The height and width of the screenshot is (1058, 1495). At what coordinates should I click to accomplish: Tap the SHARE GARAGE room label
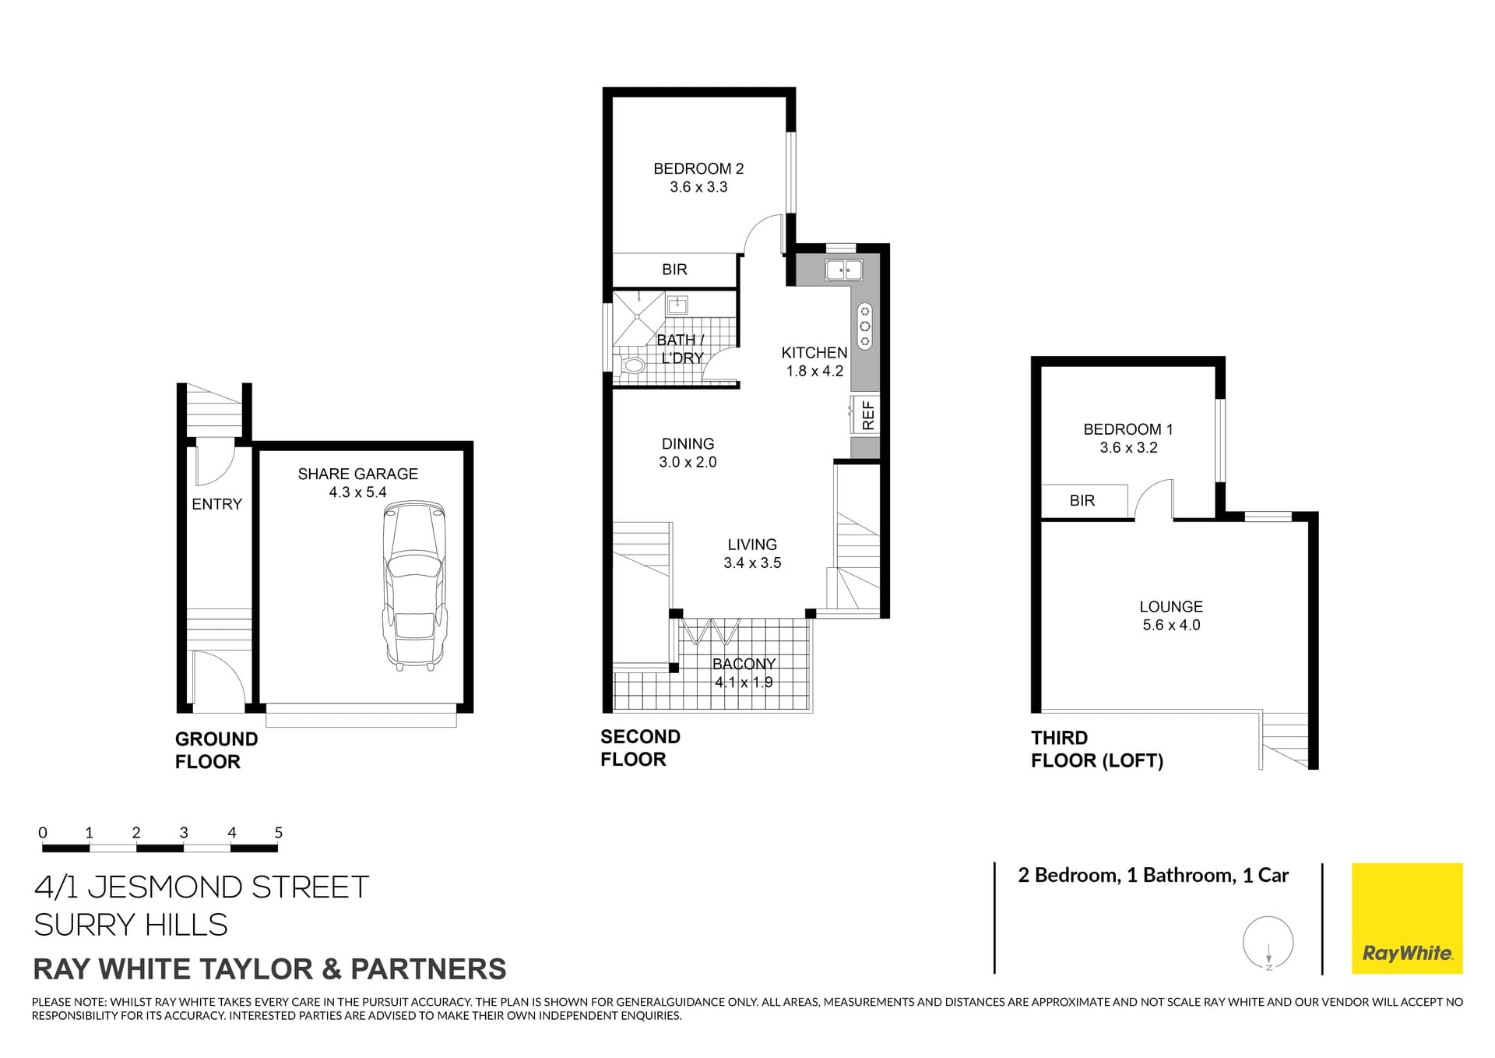tap(357, 474)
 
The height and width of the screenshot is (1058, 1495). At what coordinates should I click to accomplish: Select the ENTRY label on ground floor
tap(216, 504)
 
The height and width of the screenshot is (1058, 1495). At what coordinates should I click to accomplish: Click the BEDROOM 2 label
tap(698, 168)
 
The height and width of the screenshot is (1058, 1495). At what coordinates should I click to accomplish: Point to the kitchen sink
tap(843, 270)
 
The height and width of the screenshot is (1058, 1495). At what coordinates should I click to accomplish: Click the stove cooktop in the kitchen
tap(864, 326)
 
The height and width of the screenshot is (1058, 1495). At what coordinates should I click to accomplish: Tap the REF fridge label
tap(868, 416)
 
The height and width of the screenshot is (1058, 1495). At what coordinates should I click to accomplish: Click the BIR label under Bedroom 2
tap(674, 270)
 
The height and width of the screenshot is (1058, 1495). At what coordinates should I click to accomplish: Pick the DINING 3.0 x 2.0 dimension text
tap(688, 462)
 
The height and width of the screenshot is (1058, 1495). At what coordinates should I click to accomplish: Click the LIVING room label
tap(752, 545)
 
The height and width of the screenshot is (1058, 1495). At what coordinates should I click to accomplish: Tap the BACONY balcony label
tap(744, 664)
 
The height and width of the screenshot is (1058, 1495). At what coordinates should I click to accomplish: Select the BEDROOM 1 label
tap(1127, 429)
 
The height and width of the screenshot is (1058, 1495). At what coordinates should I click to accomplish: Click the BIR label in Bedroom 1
tap(1082, 501)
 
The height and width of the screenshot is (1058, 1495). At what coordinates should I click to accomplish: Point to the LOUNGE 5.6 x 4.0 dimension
tap(1171, 625)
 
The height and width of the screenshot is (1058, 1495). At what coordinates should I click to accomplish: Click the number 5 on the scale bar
tap(279, 833)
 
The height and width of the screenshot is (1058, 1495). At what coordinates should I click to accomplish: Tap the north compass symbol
tap(1268, 943)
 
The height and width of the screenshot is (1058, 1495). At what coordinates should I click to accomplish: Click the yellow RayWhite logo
tap(1407, 918)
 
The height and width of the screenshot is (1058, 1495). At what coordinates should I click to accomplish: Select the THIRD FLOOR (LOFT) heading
tap(1096, 749)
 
